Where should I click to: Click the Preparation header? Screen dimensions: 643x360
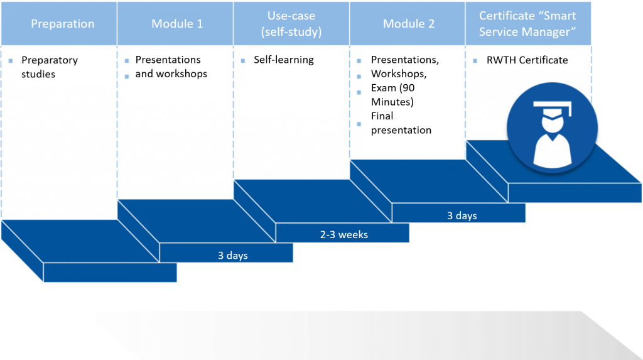tap(62, 24)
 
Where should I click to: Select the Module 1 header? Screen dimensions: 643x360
tap(177, 24)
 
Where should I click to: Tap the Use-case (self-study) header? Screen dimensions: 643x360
tap(291, 23)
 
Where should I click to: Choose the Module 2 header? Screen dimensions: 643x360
tap(408, 24)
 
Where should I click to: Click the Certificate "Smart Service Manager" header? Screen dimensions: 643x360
tap(527, 23)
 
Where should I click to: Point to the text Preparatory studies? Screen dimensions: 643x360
tap(50, 67)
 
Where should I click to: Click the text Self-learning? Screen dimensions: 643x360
tap(284, 60)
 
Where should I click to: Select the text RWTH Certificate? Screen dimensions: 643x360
tap(527, 60)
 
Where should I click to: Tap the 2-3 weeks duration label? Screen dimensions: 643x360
tap(343, 234)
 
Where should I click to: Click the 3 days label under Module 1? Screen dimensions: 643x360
tap(232, 255)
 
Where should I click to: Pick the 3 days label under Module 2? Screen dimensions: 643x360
tap(462, 215)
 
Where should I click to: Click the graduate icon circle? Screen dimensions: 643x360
tap(552, 128)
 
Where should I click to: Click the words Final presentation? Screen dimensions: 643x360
tap(401, 123)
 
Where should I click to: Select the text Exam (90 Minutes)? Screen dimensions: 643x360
tap(393, 95)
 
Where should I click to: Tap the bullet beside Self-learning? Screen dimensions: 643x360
tap(243, 61)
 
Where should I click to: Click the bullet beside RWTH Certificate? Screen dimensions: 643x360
tap(475, 61)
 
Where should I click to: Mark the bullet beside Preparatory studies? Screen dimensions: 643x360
tap(11, 61)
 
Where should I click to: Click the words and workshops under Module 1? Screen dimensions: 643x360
tap(171, 74)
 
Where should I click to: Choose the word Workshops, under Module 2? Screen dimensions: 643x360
tap(399, 74)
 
